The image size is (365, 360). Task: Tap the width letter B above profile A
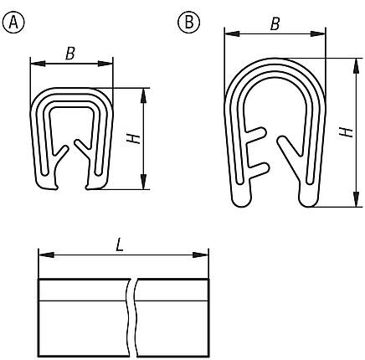[70, 54]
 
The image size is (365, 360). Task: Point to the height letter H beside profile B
[341, 131]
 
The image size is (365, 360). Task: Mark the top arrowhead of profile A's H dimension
[145, 92]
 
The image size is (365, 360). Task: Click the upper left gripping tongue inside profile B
[259, 135]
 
